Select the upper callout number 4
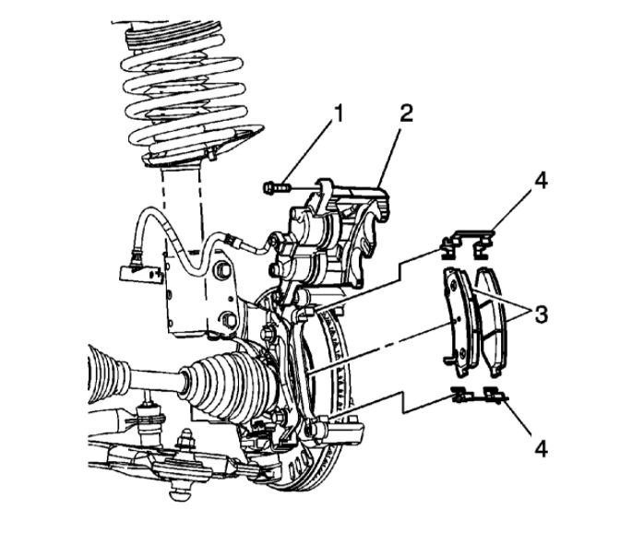pyautogui.click(x=541, y=182)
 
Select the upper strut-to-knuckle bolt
pyautogui.click(x=222, y=271)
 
